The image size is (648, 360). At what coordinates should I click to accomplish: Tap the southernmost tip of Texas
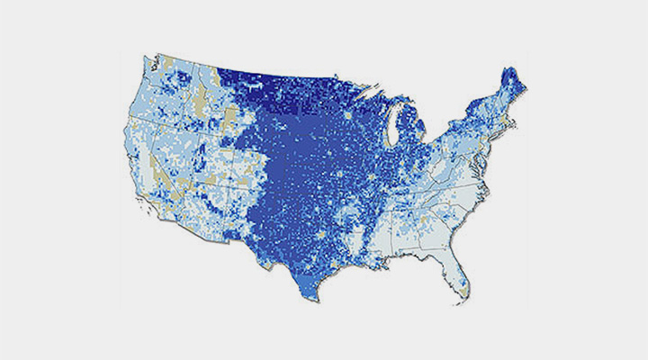click(317, 300)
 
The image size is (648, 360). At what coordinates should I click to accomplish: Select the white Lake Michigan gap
click(393, 135)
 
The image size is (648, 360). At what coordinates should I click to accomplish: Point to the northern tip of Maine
click(514, 68)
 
